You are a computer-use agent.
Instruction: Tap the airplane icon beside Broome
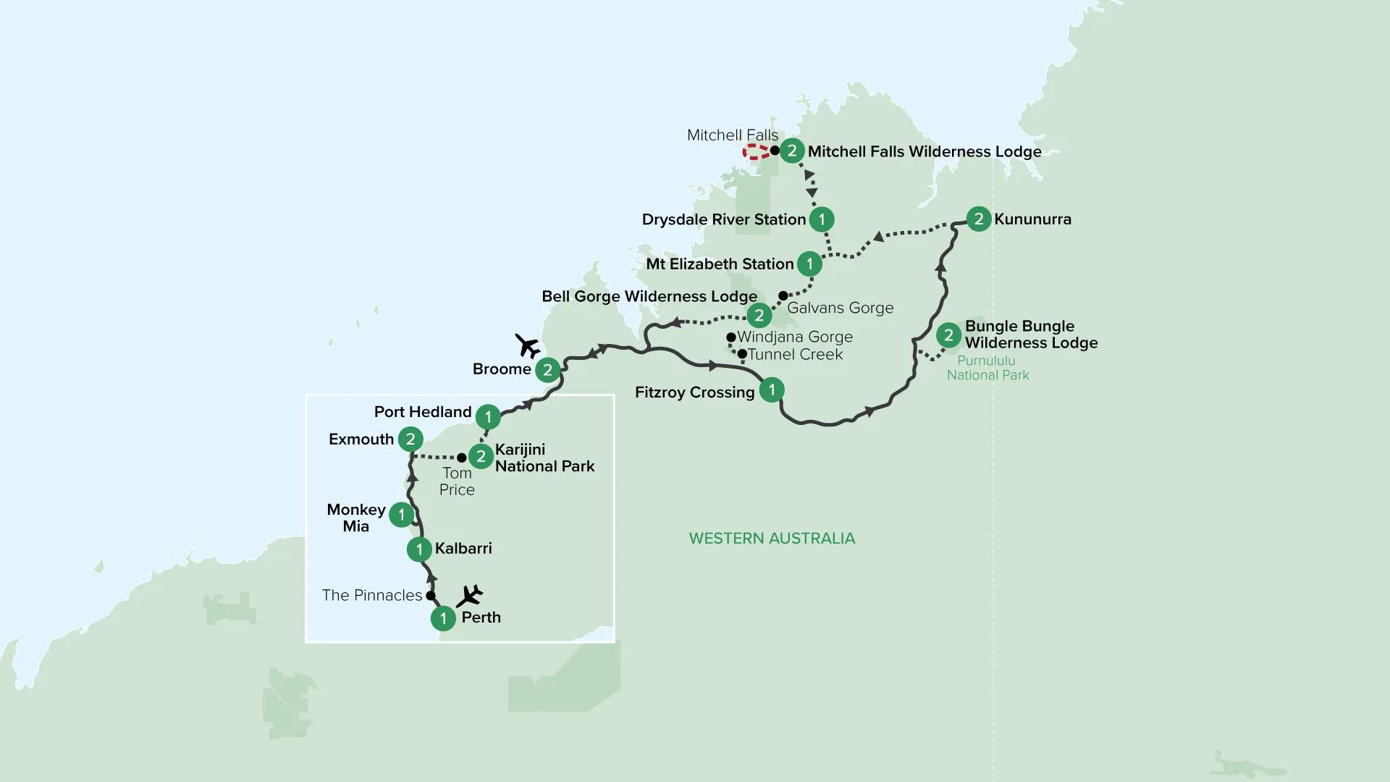pyautogui.click(x=528, y=346)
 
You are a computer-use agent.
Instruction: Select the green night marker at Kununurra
pyautogui.click(x=979, y=219)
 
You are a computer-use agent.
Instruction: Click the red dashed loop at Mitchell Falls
pyautogui.click(x=756, y=151)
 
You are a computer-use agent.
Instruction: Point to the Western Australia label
pyautogui.click(x=772, y=538)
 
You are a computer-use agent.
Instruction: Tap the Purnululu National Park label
pyautogui.click(x=987, y=368)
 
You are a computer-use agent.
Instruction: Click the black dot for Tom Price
pyautogui.click(x=461, y=458)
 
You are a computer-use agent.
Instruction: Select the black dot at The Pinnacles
pyautogui.click(x=430, y=596)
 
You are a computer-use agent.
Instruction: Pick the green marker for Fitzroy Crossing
pyautogui.click(x=772, y=390)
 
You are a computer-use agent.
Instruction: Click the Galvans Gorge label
pyautogui.click(x=840, y=308)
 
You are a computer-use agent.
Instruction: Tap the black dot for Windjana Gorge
pyautogui.click(x=731, y=337)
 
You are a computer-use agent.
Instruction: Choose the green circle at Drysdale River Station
pyautogui.click(x=822, y=219)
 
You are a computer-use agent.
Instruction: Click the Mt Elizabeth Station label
pyautogui.click(x=720, y=264)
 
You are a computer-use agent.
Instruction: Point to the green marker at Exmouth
pyautogui.click(x=410, y=439)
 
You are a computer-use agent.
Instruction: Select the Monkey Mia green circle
pyautogui.click(x=401, y=515)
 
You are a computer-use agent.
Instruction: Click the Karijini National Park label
pyautogui.click(x=544, y=458)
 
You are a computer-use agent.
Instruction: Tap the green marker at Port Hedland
pyautogui.click(x=488, y=416)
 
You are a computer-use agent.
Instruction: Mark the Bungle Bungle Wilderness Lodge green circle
pyautogui.click(x=948, y=335)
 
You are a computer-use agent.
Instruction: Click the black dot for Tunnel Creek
pyautogui.click(x=742, y=353)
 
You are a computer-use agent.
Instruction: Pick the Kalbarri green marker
pyautogui.click(x=419, y=549)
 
